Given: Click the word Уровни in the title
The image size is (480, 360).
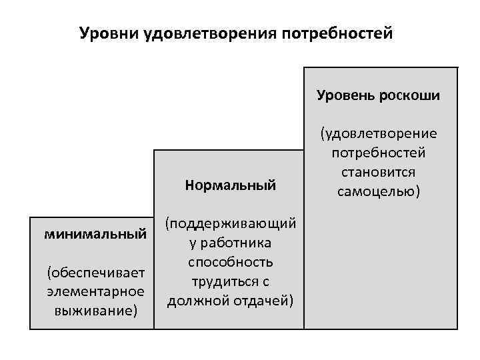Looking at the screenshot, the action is point(108,33).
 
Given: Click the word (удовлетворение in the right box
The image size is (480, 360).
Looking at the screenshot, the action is point(379,134).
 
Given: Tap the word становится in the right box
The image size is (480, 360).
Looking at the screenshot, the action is point(379,172).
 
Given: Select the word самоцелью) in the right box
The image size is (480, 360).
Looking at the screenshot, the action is point(379,191).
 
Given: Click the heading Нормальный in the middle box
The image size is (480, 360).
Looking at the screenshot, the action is point(231,185).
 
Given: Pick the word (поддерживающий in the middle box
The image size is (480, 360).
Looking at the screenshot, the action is point(231,221).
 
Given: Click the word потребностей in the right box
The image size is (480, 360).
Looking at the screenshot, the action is point(379,153).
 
